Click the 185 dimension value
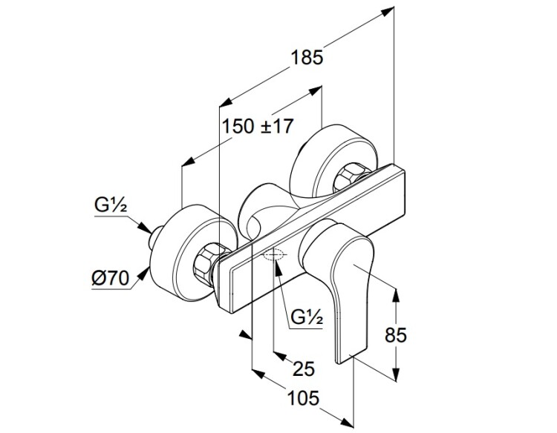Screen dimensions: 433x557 [x=307, y=58]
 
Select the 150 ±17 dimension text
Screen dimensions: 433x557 [x=258, y=127]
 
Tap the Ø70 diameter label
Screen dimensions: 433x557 [x=112, y=279]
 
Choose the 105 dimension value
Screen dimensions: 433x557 [x=303, y=398]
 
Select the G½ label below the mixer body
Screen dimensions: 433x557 [x=306, y=318]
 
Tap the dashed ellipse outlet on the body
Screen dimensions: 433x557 [x=273, y=257]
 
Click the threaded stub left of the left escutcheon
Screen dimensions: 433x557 [x=157, y=238]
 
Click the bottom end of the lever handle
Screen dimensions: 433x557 [x=343, y=360]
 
